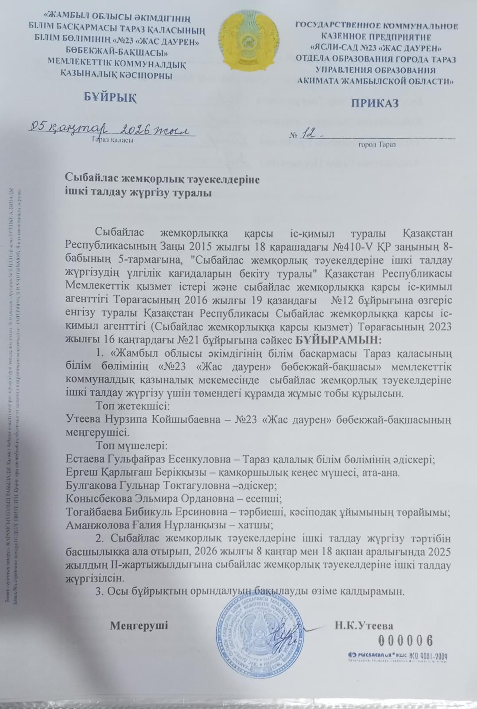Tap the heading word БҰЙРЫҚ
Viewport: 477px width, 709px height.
point(110,97)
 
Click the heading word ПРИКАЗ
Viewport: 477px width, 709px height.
point(375,103)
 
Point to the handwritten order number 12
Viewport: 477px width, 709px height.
point(312,133)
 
